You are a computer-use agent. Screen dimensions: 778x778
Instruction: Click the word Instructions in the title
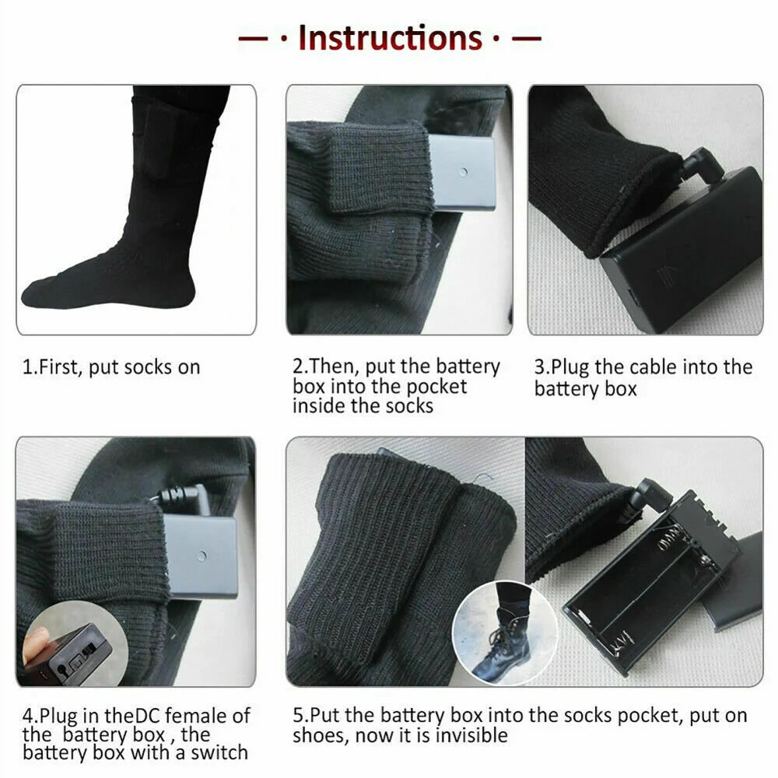coord(390,37)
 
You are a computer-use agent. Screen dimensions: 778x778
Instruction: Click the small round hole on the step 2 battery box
coord(464,173)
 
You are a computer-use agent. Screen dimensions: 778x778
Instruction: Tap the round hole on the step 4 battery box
coord(202,555)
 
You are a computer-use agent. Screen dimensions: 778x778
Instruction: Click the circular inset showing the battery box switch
coord(75,644)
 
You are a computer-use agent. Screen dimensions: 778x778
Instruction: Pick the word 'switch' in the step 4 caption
coord(219,752)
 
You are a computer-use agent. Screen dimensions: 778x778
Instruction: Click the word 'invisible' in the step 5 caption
coord(471,735)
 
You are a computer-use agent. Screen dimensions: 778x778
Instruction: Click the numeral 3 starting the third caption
coord(539,368)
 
